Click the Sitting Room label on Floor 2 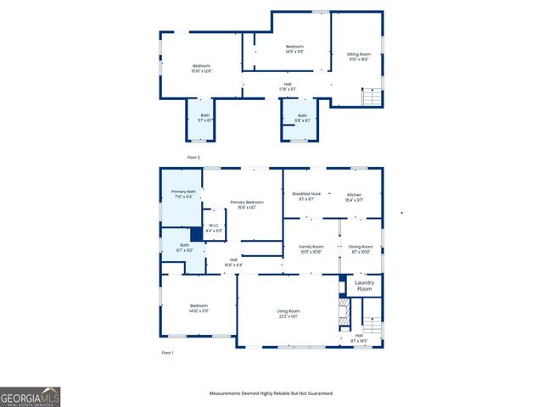coord(359,56)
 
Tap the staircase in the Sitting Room coord(371,97)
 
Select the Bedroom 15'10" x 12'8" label coord(201,69)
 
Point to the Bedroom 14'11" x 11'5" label coord(294,48)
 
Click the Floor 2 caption coord(193,158)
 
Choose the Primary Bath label coord(182,194)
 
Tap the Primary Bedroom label coord(247,203)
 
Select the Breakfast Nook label coord(306,197)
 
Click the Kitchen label coord(355,197)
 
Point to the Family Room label coord(311,248)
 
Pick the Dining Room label coord(361,248)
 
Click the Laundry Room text coord(364,286)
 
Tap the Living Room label coord(288,313)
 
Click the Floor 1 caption coord(167,352)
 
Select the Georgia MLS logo coord(30,397)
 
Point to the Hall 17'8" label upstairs coord(288,86)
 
